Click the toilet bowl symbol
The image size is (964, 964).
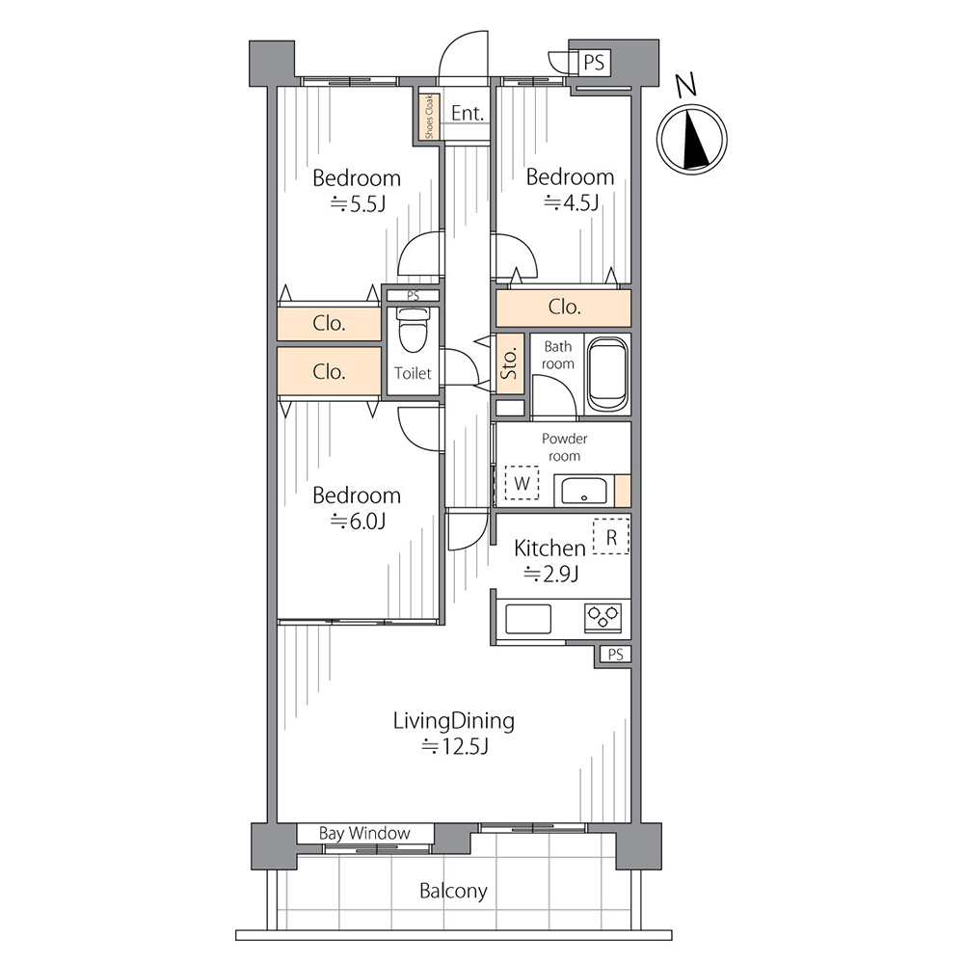click(413, 330)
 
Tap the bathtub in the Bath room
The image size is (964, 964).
click(607, 374)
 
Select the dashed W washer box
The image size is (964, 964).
click(522, 483)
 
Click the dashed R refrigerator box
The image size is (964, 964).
click(611, 537)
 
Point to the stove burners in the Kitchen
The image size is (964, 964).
click(603, 617)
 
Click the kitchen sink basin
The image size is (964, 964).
click(528, 619)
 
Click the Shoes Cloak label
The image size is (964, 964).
click(429, 117)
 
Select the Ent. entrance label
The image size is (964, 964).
click(468, 113)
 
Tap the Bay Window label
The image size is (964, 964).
click(364, 834)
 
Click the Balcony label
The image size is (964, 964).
click(453, 891)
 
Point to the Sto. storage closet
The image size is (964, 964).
click(510, 363)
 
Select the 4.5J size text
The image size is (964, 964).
click(571, 202)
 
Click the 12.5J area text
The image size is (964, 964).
click(455, 747)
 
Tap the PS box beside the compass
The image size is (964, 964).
click(594, 63)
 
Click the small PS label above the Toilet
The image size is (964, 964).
click(414, 296)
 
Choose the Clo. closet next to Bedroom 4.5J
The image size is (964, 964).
click(564, 307)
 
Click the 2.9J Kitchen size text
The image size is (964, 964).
click(550, 575)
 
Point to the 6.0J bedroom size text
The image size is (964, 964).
click(358, 522)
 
